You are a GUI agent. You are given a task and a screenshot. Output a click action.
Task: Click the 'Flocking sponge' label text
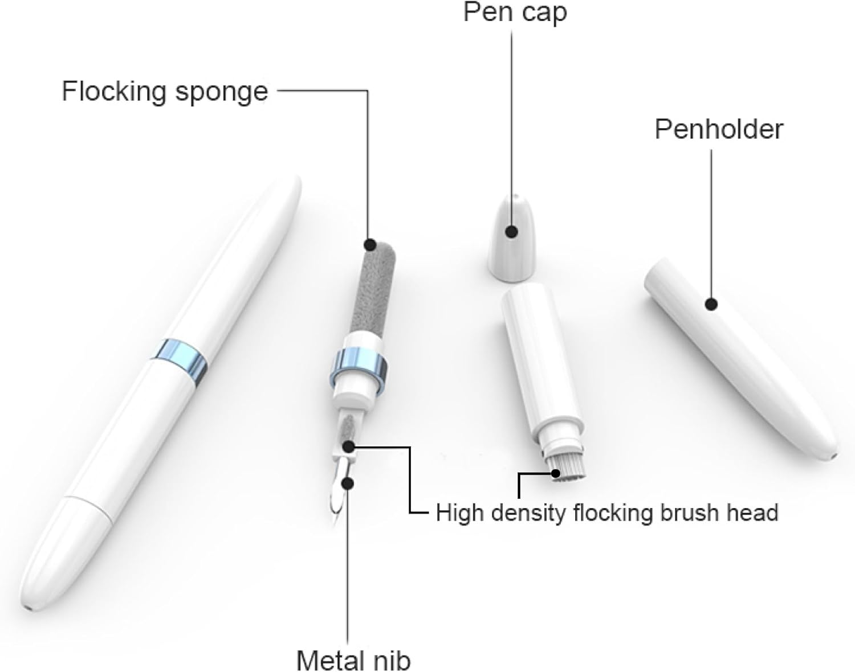click(165, 91)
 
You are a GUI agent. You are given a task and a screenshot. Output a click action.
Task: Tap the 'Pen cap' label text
click(515, 12)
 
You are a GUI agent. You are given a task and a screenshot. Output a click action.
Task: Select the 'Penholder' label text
click(719, 129)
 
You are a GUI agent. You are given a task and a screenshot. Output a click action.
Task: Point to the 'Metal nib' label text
click(353, 660)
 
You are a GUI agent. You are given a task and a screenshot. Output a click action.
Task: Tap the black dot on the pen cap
click(511, 232)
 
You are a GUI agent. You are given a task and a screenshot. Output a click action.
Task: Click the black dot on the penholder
click(710, 304)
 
